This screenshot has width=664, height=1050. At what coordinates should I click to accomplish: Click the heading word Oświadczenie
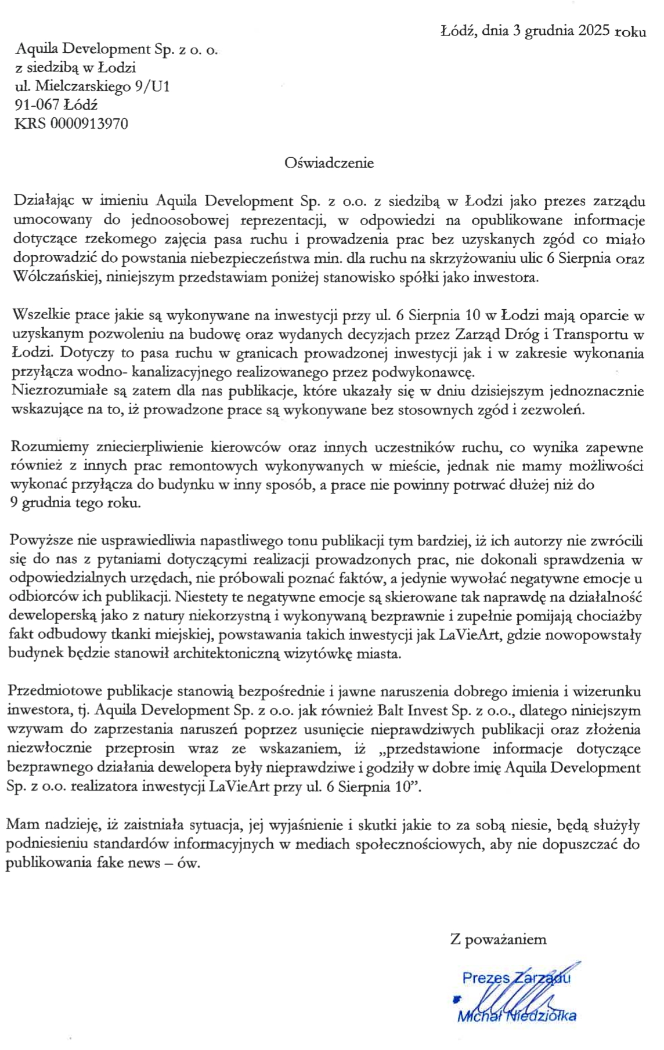pyautogui.click(x=329, y=163)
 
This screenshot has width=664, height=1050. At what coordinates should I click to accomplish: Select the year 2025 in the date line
pyautogui.click(x=593, y=31)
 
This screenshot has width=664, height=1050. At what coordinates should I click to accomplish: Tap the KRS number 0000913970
pyautogui.click(x=89, y=124)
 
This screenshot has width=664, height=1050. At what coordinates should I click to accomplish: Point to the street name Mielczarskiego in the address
pyautogui.click(x=83, y=86)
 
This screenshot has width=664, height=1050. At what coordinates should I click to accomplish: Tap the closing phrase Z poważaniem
pyautogui.click(x=498, y=939)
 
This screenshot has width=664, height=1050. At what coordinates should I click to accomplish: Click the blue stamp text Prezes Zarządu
pyautogui.click(x=515, y=978)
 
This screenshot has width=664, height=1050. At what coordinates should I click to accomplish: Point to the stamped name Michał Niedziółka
pyautogui.click(x=517, y=1016)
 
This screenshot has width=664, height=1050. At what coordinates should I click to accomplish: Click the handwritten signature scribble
pyautogui.click(x=511, y=999)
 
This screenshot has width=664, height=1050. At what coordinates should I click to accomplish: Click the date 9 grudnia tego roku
pyautogui.click(x=75, y=503)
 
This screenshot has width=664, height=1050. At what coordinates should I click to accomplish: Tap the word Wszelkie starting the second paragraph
pyautogui.click(x=38, y=315)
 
